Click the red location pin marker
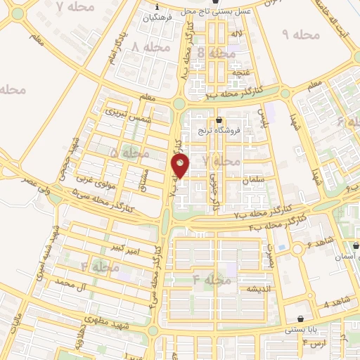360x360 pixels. tap(181, 166)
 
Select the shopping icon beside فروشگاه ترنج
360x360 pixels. tap(220, 120)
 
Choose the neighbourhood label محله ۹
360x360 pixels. tap(300, 34)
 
